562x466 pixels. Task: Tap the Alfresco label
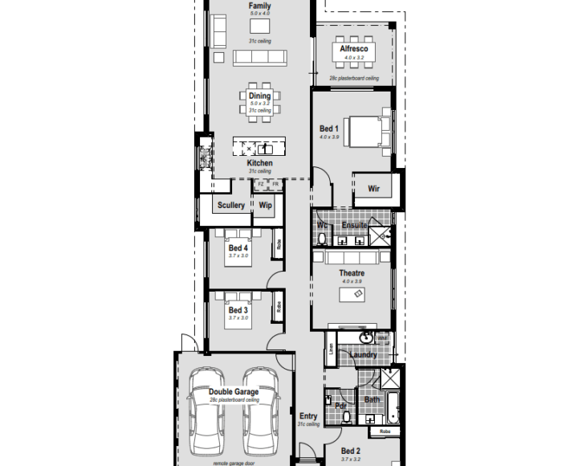[x=353, y=49]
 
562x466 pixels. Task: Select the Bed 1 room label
[x=329, y=129]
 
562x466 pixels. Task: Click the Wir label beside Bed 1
[x=373, y=189]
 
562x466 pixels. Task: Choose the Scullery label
[x=231, y=206]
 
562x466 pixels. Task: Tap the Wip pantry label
[x=265, y=206]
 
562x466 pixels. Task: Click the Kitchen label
[x=259, y=163]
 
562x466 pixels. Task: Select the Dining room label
[x=259, y=96]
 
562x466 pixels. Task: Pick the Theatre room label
[x=352, y=273]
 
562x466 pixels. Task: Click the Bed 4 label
[x=238, y=248]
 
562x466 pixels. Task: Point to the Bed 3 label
[x=238, y=310]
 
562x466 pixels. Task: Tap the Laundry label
[x=364, y=354]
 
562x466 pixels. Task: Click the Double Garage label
[x=234, y=392]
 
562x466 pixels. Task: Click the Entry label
[x=308, y=416]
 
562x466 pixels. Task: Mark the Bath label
[x=372, y=399]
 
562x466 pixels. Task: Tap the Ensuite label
[x=355, y=226]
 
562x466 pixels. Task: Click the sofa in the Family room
[x=260, y=58]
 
